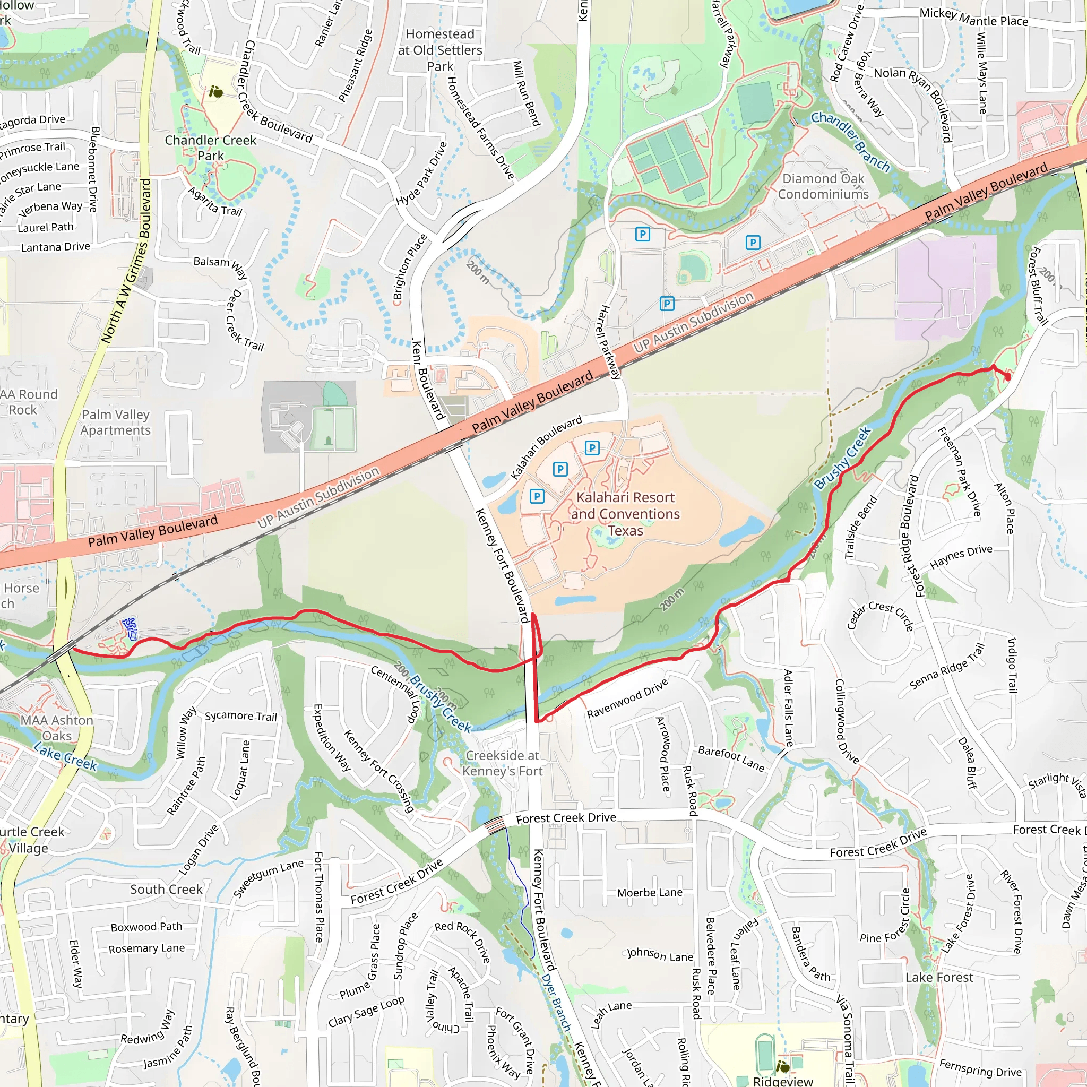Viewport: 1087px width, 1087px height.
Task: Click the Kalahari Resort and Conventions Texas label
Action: tap(625, 514)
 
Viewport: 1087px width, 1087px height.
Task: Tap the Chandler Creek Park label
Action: tap(210, 148)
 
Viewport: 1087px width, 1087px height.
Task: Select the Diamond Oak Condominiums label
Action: tap(823, 186)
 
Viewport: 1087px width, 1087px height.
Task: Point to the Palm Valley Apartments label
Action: tap(115, 422)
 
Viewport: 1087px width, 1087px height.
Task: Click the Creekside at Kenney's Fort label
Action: tap(503, 763)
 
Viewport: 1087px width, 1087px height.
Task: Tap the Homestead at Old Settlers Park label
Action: tap(440, 50)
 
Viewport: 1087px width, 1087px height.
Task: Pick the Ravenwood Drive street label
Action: tap(627, 698)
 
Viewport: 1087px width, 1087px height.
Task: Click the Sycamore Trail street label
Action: tap(241, 716)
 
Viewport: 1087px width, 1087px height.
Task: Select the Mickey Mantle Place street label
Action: tap(973, 18)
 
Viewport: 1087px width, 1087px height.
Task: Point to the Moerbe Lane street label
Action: tap(649, 893)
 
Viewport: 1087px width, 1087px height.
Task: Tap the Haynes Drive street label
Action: tap(961, 556)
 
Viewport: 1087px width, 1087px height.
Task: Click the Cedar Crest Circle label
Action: tap(880, 616)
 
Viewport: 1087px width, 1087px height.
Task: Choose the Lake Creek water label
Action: tap(65, 756)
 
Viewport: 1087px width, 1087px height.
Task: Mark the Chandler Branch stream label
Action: tap(850, 141)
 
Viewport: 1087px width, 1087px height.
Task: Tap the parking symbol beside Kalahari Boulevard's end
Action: tap(591, 448)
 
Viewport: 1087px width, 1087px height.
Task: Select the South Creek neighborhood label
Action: tap(166, 890)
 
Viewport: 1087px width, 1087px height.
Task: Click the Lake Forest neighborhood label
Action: tap(939, 977)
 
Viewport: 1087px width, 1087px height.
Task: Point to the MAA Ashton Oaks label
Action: tap(57, 728)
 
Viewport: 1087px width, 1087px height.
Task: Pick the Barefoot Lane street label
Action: tap(731, 758)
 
